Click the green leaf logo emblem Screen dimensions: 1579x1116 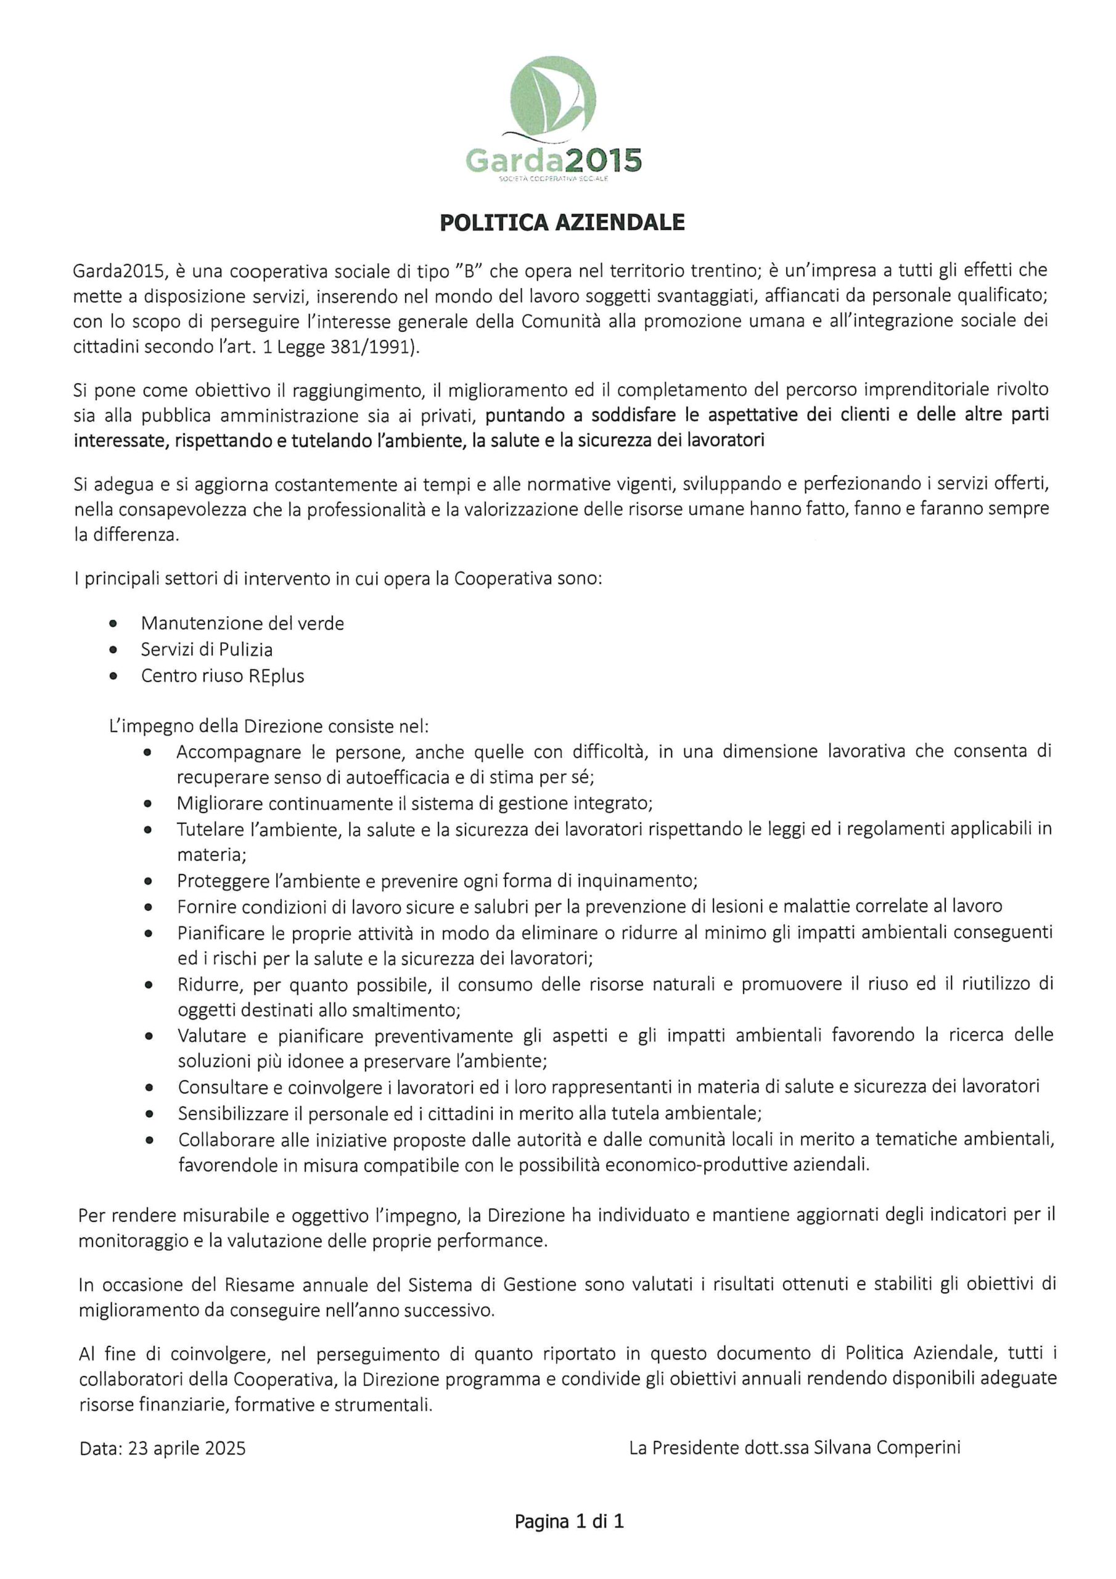point(555,97)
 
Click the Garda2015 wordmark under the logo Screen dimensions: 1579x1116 point(554,161)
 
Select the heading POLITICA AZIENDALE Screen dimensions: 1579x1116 point(562,223)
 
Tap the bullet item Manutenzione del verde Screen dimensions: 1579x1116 point(242,623)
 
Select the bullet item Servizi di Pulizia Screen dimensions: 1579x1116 point(207,649)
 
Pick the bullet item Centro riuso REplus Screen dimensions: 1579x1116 point(222,675)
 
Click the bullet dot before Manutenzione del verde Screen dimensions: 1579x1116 point(113,624)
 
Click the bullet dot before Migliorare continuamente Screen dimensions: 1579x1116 point(148,803)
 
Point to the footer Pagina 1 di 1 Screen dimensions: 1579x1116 point(568,1521)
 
